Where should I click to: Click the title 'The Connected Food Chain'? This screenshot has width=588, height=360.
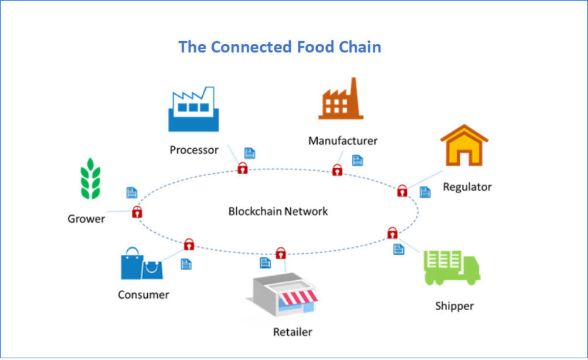pyautogui.click(x=280, y=47)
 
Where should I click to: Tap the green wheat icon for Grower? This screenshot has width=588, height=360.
pyautogui.click(x=90, y=178)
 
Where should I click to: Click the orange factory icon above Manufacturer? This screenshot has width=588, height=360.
pyautogui.click(x=340, y=100)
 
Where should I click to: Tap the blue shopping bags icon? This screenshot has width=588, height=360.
pyautogui.click(x=141, y=264)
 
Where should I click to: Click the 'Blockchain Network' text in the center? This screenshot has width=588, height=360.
pyautogui.click(x=278, y=211)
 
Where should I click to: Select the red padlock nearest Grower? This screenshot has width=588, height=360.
pyautogui.click(x=137, y=212)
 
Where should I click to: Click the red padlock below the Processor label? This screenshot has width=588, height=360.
pyautogui.click(x=242, y=169)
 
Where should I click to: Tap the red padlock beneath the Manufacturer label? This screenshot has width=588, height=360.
pyautogui.click(x=337, y=171)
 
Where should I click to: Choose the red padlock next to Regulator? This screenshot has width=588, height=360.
pyautogui.click(x=402, y=191)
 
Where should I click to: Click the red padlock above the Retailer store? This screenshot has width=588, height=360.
pyautogui.click(x=281, y=253)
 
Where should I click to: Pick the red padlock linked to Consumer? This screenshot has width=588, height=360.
pyautogui.click(x=189, y=244)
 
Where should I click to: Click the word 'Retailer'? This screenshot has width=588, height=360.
pyautogui.click(x=293, y=332)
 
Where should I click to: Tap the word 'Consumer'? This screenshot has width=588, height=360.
pyautogui.click(x=144, y=294)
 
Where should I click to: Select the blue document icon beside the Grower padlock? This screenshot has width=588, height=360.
pyautogui.click(x=132, y=192)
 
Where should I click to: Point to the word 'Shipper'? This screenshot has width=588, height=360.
pyautogui.click(x=454, y=305)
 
